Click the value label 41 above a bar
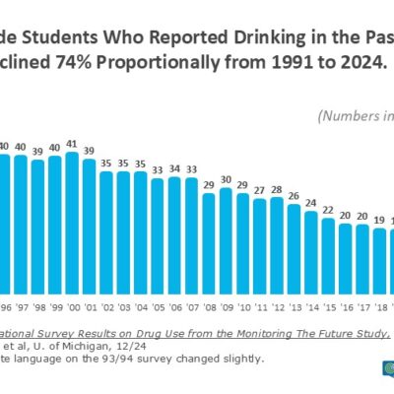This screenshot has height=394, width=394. (x=71, y=144)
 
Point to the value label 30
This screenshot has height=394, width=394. (x=226, y=180)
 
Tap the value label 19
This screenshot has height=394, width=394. (x=380, y=221)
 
